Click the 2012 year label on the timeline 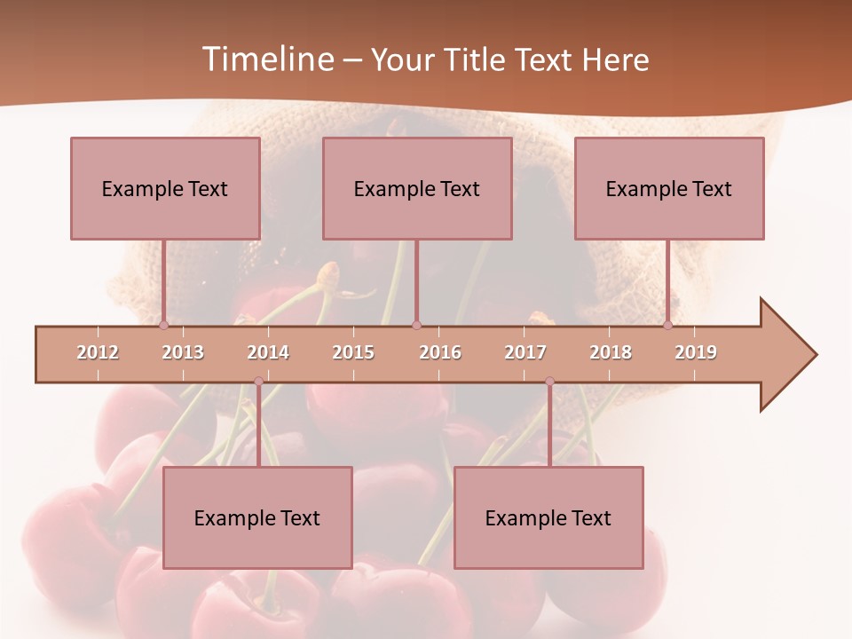[98, 352]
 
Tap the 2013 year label [183, 352]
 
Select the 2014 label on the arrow [268, 352]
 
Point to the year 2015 [353, 352]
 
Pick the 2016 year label [440, 352]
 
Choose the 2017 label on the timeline [525, 352]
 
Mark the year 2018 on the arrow [611, 352]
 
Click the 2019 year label [696, 352]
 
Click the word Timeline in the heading [266, 59]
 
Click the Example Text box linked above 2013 [165, 188]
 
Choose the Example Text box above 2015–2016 [417, 188]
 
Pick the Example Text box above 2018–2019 [669, 188]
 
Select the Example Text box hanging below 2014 [257, 517]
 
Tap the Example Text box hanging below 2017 [548, 517]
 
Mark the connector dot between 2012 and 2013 [163, 326]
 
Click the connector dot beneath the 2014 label [258, 382]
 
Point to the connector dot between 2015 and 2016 [416, 326]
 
